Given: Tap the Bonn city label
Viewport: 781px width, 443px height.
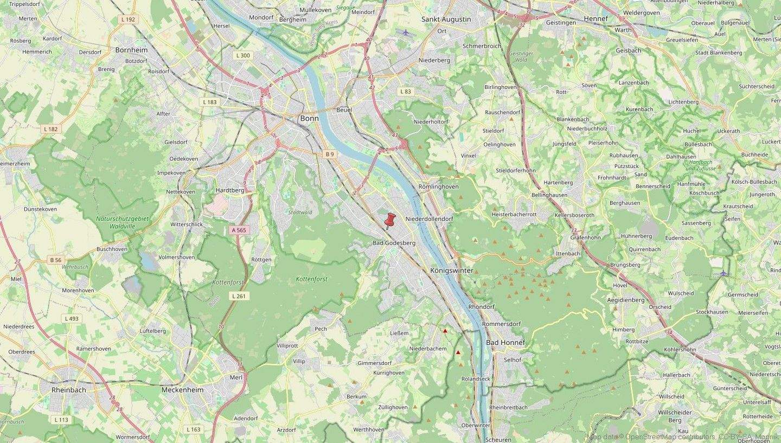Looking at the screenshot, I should tap(310, 118).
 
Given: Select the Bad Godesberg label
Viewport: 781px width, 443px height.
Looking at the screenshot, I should tap(394, 243).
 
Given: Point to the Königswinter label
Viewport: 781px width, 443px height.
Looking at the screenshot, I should tap(451, 270).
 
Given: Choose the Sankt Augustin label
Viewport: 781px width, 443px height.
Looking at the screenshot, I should tap(446, 20).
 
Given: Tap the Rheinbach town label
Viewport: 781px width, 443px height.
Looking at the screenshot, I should tap(69, 389).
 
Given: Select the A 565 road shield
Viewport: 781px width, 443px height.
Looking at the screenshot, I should tap(239, 230).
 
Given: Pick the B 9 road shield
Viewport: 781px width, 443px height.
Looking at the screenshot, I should tap(330, 155).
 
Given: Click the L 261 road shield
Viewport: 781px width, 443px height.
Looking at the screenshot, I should tap(239, 296).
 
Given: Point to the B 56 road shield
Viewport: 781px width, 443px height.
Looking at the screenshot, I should tap(56, 260).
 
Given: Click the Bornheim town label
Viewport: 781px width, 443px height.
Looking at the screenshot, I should tap(131, 50).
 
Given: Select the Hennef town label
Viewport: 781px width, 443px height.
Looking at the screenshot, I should tap(596, 18).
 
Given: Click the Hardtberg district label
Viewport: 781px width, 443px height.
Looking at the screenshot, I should tap(230, 190).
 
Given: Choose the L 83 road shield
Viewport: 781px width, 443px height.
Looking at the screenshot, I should tap(405, 92).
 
